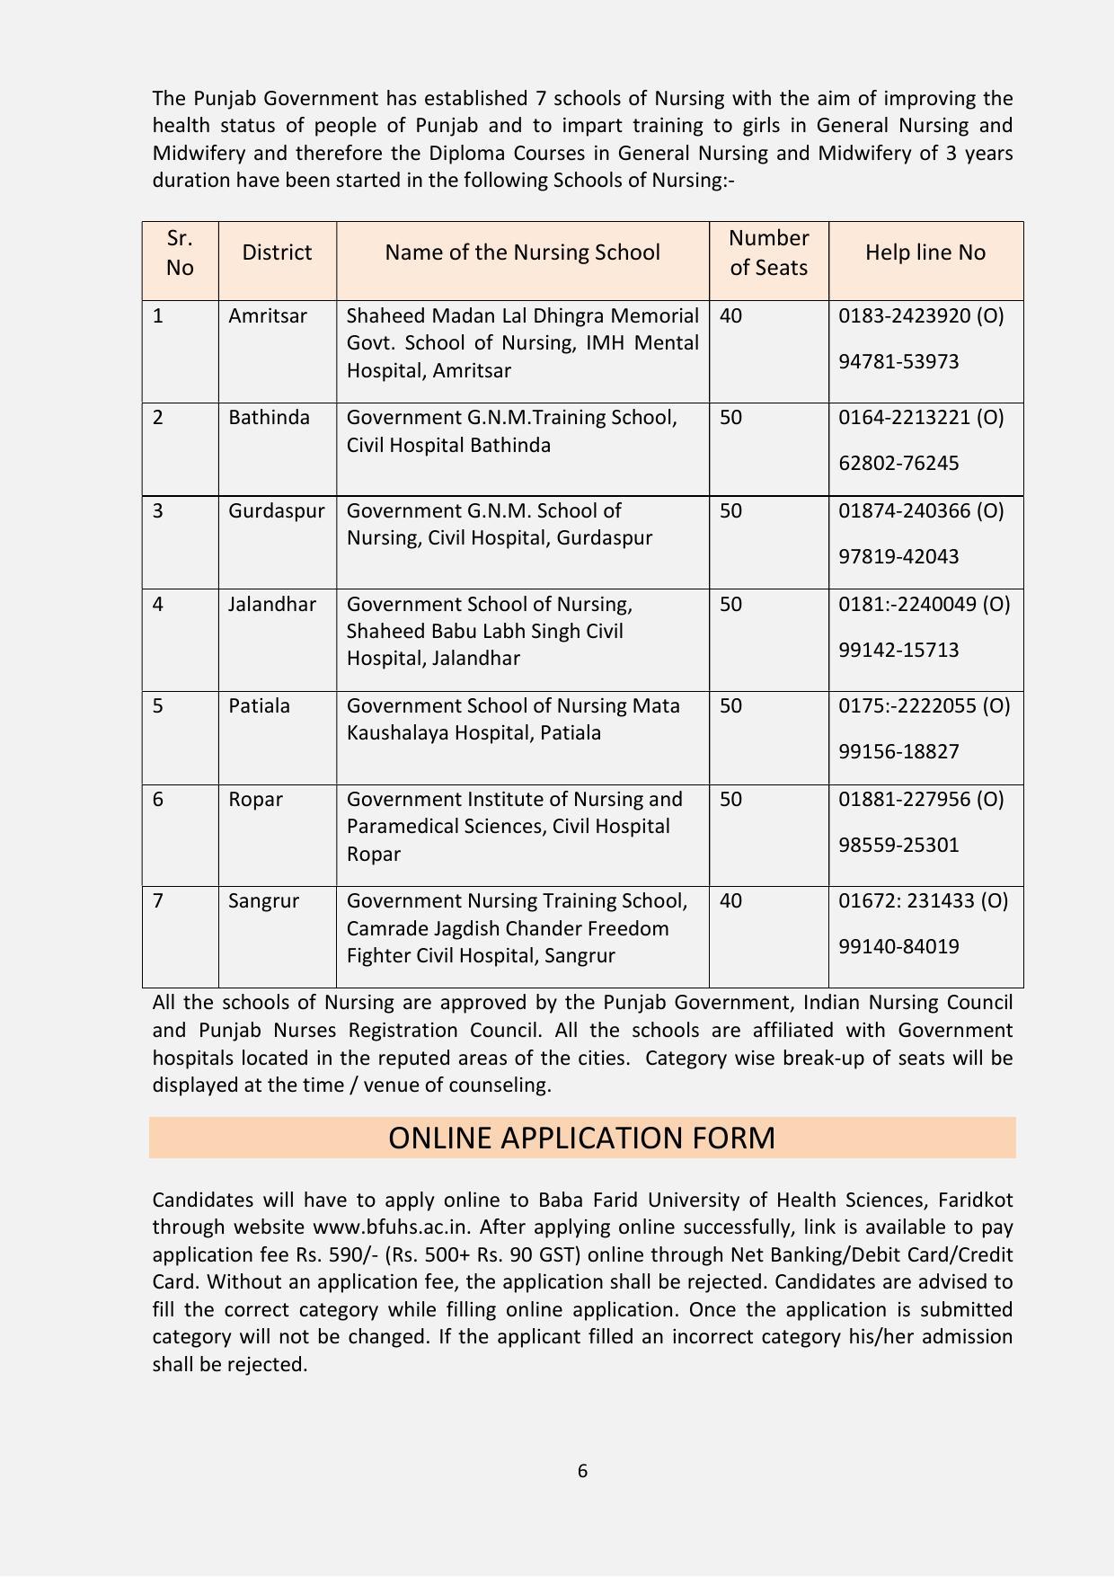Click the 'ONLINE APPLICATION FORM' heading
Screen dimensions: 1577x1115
581,1138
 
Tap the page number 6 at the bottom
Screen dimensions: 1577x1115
582,1471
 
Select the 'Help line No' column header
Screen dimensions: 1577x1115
925,252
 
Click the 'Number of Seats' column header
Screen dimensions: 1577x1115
768,252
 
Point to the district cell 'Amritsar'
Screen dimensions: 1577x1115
268,316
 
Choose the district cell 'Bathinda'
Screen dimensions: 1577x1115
269,418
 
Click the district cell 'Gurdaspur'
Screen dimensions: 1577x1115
276,511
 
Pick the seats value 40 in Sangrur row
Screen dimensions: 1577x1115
730,900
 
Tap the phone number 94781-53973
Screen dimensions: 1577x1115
898,362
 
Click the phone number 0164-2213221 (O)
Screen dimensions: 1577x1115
921,418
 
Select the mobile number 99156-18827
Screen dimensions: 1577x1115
898,751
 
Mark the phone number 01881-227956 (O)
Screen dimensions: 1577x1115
921,799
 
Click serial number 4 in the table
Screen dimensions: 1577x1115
158,604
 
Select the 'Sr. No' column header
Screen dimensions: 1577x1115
180,252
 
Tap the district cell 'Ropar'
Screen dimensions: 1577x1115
255,800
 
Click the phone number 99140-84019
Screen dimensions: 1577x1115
898,946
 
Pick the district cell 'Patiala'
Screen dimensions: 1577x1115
259,706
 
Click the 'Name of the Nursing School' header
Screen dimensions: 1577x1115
522,252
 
